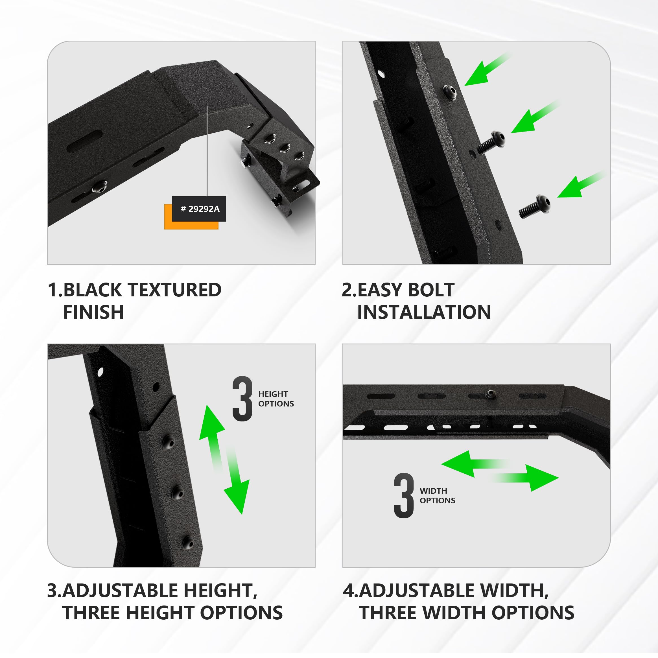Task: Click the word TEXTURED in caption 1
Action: (175, 290)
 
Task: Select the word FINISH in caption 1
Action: (93, 312)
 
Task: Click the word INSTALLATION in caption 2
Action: (424, 312)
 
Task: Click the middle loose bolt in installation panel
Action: (490, 142)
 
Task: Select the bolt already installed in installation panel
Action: (450, 92)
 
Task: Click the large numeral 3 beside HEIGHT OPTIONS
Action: (242, 399)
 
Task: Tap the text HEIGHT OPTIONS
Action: (276, 399)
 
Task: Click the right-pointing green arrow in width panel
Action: (531, 478)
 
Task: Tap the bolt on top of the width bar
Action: (490, 394)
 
